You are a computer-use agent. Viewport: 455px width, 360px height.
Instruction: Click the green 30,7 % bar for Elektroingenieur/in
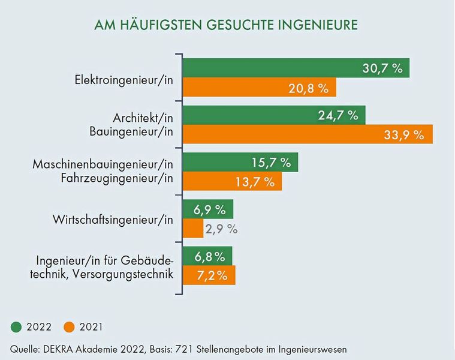pyautogui.click(x=296, y=68)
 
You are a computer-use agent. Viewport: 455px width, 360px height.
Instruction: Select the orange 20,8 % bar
pyautogui.click(x=259, y=88)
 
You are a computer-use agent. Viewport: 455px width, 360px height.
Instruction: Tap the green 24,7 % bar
pyautogui.click(x=273, y=115)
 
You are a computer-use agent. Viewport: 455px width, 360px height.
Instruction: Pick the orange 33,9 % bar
pyautogui.click(x=307, y=134)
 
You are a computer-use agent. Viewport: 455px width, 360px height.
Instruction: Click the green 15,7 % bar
pyautogui.click(x=240, y=162)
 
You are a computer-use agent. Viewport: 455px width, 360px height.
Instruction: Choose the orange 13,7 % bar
pyautogui.click(x=232, y=181)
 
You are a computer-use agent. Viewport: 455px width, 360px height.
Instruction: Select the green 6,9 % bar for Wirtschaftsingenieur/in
pyautogui.click(x=207, y=209)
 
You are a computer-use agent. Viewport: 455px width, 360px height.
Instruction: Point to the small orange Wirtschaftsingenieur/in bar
pyautogui.click(x=192, y=229)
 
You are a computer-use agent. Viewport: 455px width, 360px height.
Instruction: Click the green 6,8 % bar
pyautogui.click(x=207, y=257)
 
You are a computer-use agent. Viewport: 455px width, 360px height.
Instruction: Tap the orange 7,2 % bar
pyautogui.click(x=209, y=275)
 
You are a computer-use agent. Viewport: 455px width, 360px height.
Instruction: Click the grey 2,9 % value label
pyautogui.click(x=221, y=229)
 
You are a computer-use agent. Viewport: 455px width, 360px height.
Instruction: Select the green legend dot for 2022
pyautogui.click(x=17, y=327)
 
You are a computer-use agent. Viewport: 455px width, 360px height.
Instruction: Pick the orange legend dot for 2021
pyautogui.click(x=70, y=327)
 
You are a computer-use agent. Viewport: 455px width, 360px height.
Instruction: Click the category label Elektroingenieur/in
pyautogui.click(x=123, y=79)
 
